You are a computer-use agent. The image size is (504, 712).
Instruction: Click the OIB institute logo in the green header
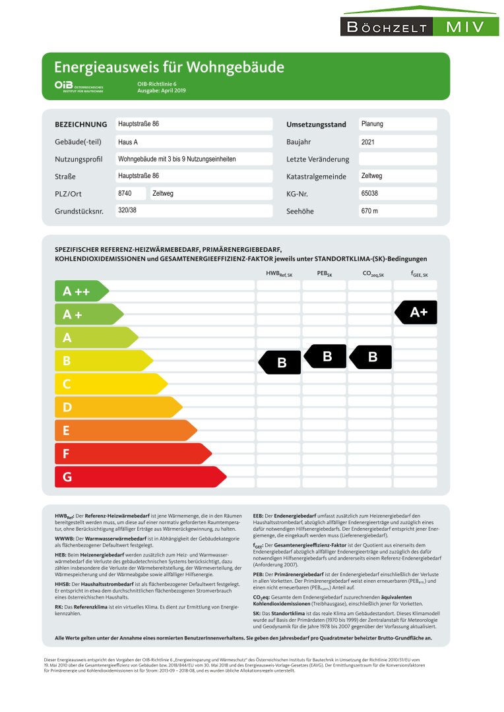coord(80,86)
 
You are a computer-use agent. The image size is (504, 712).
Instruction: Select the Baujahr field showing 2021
coord(397,142)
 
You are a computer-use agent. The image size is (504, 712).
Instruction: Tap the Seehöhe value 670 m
coord(397,211)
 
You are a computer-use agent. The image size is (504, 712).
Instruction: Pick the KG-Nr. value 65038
coord(397,194)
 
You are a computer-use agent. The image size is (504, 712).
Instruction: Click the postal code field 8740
coord(130,194)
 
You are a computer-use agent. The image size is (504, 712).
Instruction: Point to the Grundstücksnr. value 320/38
coord(193,210)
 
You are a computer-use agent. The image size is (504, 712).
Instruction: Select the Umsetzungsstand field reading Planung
coord(397,124)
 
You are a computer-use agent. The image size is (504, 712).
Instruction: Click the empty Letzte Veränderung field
coord(397,159)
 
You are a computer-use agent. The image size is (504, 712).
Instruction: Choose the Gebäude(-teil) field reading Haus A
coord(193,142)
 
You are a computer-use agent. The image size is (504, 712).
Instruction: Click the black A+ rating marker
coord(416,312)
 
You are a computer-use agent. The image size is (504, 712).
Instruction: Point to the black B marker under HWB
coord(280,362)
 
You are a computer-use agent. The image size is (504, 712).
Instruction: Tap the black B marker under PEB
coord(325,357)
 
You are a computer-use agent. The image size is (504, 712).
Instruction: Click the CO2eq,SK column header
coord(373,274)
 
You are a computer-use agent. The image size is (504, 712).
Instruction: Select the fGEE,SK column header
coord(419,274)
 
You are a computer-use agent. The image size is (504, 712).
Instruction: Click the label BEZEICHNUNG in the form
coord(80,125)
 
